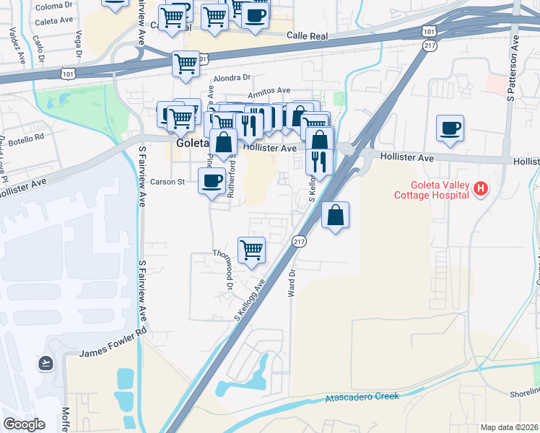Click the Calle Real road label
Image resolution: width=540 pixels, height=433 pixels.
(x=308, y=35)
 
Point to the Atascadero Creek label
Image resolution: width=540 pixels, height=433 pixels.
(x=362, y=398)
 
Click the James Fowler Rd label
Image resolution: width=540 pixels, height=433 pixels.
(x=113, y=352)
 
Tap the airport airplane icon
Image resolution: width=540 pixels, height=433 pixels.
(x=46, y=362)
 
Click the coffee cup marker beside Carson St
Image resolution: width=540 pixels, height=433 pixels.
(x=212, y=180)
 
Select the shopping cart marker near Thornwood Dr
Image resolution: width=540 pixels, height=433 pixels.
(x=251, y=250)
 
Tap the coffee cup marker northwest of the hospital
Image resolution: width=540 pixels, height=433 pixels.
(x=450, y=128)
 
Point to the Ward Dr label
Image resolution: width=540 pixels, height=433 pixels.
(x=294, y=281)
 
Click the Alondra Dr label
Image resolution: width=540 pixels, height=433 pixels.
(x=231, y=77)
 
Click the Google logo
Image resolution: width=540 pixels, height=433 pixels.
(x=24, y=424)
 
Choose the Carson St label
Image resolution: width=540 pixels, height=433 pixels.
(x=167, y=182)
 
